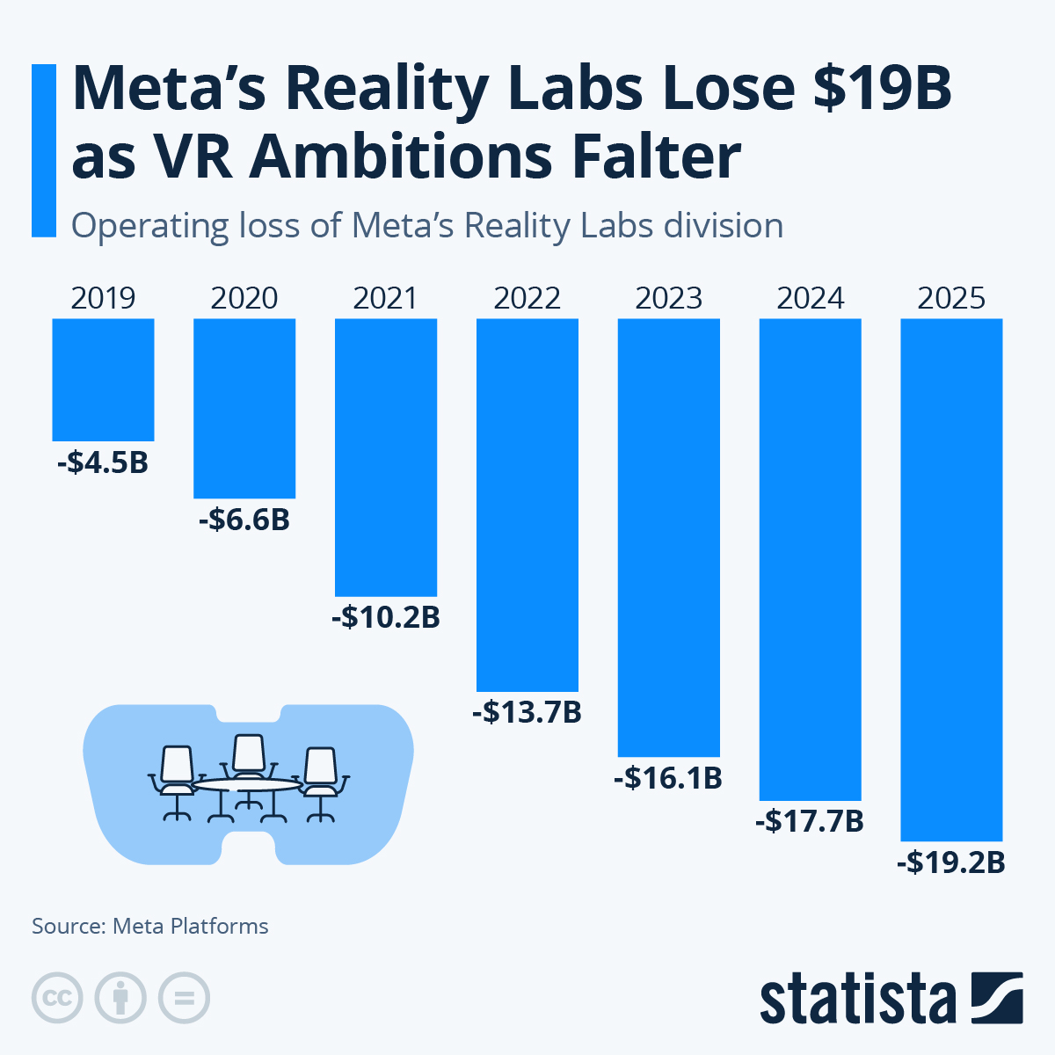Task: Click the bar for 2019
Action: click(103, 379)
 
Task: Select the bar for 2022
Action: click(527, 505)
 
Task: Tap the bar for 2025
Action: click(951, 579)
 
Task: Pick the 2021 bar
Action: click(386, 457)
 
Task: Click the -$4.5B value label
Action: click(103, 462)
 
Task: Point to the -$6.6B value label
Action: click(244, 520)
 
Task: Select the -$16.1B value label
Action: click(669, 778)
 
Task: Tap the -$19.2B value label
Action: click(951, 862)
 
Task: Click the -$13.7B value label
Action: click(527, 712)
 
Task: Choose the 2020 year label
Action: click(244, 299)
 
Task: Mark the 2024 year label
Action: click(810, 299)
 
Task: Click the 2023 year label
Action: click(669, 299)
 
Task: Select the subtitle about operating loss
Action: click(426, 226)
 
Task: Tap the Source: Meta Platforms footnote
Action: click(150, 926)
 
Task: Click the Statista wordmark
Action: click(857, 999)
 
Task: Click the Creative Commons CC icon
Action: click(57, 999)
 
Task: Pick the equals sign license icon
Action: click(184, 999)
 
